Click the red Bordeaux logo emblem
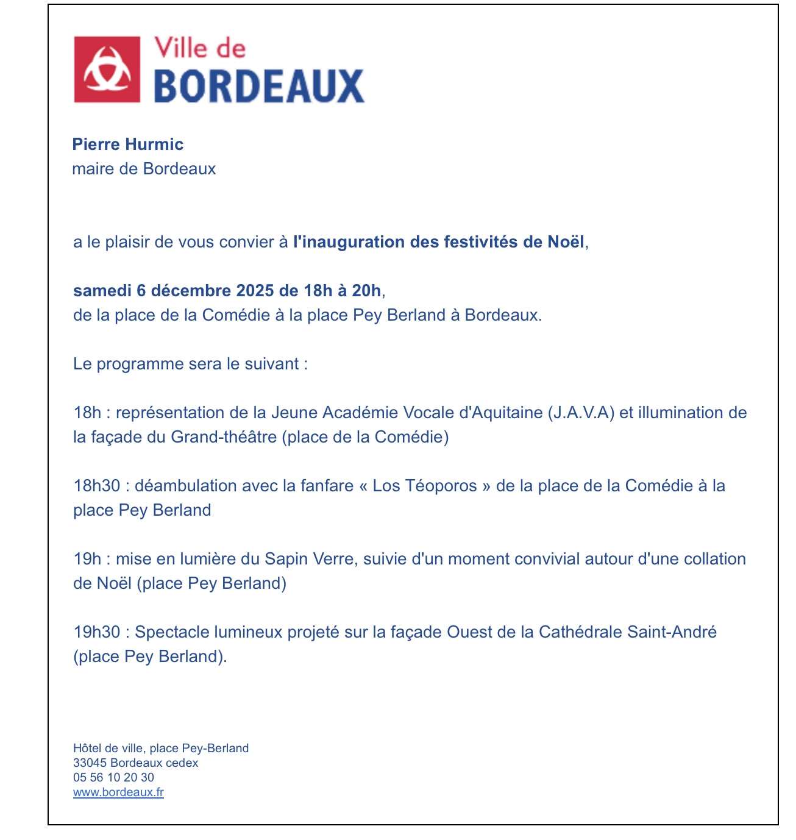107,69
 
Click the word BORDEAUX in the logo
258,86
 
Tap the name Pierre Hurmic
127,144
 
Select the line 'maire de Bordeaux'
144,169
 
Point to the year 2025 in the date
255,290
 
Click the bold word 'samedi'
102,290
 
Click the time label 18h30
97,486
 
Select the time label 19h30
97,632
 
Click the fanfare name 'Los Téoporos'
425,486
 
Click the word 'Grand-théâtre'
224,437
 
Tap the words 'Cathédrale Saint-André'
627,632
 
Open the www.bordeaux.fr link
118,792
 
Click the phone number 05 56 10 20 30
113,778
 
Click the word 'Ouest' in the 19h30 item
470,632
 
